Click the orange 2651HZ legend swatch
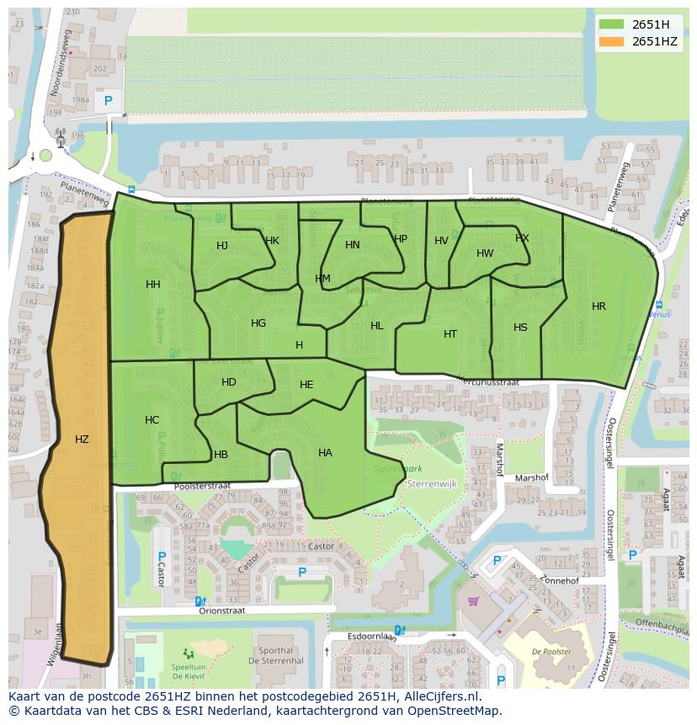pyautogui.click(x=612, y=41)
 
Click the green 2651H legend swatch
pyautogui.click(x=612, y=24)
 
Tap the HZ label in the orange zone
pyautogui.click(x=82, y=439)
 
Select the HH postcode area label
pyautogui.click(x=152, y=285)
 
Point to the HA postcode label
pyautogui.click(x=325, y=453)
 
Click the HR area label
pyautogui.click(x=599, y=307)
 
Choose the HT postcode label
pyautogui.click(x=450, y=334)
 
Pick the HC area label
pyautogui.click(x=152, y=420)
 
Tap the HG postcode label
pyautogui.click(x=258, y=323)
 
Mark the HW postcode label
pyautogui.click(x=485, y=253)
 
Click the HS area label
pyautogui.click(x=520, y=328)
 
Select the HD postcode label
pyautogui.click(x=229, y=382)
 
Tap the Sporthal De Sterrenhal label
pyautogui.click(x=276, y=656)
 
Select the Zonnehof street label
pyautogui.click(x=561, y=581)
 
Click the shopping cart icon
pyautogui.click(x=473, y=601)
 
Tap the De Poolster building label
pyautogui.click(x=551, y=652)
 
